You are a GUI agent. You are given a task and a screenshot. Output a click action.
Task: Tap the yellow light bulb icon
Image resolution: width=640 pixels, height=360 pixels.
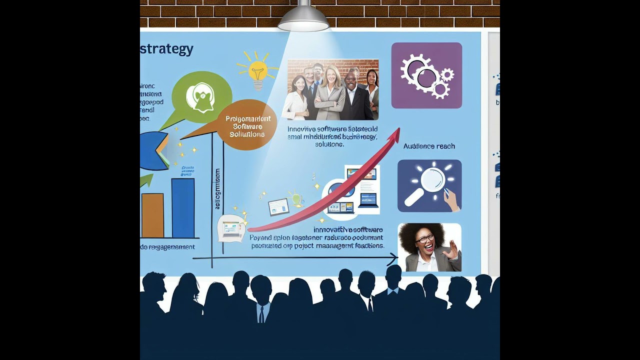click(x=257, y=71)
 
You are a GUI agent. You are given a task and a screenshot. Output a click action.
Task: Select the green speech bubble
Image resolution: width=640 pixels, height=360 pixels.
click(x=201, y=97)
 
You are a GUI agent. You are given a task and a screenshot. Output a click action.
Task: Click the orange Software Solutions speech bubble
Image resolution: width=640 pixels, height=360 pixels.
click(x=247, y=125)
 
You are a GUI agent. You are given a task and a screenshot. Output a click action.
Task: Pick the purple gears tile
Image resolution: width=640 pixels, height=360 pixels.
click(x=426, y=75)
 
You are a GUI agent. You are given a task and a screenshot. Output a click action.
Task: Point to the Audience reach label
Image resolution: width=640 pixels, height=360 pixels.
click(x=429, y=146)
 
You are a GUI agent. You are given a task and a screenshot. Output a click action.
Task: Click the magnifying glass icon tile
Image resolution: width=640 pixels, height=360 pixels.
click(x=429, y=185)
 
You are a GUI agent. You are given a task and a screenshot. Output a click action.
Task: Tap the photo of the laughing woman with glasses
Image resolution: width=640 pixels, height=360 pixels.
click(x=429, y=247)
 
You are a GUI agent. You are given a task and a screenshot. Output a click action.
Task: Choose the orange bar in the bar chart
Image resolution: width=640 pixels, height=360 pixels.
click(x=152, y=215)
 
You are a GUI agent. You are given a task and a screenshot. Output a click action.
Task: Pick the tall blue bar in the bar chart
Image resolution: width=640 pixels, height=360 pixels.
click(x=183, y=208)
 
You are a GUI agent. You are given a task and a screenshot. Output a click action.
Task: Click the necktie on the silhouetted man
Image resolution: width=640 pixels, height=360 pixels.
click(x=261, y=314)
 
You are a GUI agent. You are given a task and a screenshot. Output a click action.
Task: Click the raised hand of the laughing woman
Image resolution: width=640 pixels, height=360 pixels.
click(x=451, y=249)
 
